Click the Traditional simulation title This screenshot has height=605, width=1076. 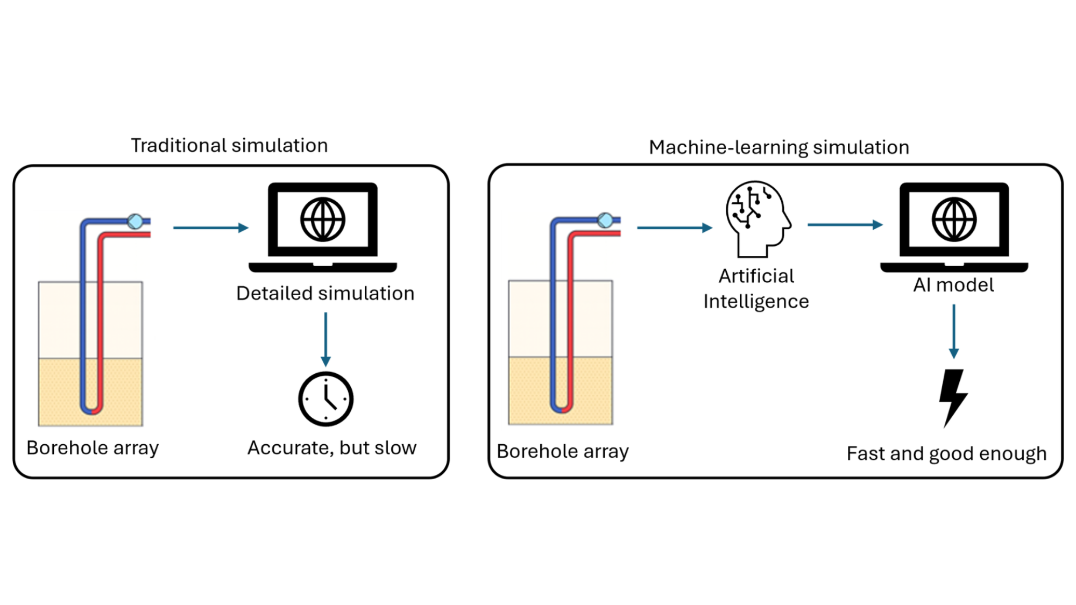[229, 146]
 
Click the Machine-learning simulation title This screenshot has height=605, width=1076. [778, 147]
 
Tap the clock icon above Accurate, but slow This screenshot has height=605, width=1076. [325, 399]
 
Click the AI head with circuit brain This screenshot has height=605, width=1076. [757, 218]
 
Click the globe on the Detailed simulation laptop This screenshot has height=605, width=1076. [323, 219]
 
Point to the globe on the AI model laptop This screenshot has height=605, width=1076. [954, 219]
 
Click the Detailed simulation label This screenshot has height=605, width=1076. [325, 294]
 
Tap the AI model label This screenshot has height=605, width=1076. [953, 285]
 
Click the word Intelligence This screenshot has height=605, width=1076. [756, 302]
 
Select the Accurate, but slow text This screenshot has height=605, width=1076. [331, 448]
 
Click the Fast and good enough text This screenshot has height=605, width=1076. [946, 453]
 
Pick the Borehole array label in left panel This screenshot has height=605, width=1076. [93, 448]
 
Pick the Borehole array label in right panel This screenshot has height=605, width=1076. [562, 451]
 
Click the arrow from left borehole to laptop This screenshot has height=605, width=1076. [210, 228]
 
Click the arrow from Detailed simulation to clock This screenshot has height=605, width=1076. [325, 339]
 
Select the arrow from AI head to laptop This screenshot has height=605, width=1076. [845, 225]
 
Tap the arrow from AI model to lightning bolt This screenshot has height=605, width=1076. [954, 331]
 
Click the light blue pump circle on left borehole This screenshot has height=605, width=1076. [135, 221]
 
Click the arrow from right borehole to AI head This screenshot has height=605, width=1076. [674, 228]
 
